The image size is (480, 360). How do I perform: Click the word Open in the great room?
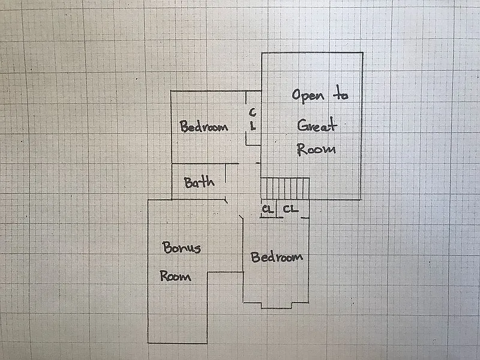pyautogui.click(x=308, y=95)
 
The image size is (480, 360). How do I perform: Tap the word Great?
pyautogui.click(x=317, y=125)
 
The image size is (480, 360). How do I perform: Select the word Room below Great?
pyautogui.click(x=316, y=149)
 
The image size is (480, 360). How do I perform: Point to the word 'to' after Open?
pyautogui.click(x=341, y=94)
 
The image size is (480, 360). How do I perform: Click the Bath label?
pyautogui.click(x=199, y=182)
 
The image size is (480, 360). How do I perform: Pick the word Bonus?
pyautogui.click(x=182, y=248)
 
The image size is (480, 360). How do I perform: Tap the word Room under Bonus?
pyautogui.click(x=175, y=276)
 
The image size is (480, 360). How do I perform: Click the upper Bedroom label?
pyautogui.click(x=204, y=127)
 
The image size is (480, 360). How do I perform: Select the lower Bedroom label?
pyautogui.click(x=277, y=257)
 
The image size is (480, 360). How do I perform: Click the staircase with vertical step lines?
pyautogui.click(x=285, y=189)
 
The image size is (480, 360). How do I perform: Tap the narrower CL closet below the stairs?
pyautogui.click(x=268, y=209)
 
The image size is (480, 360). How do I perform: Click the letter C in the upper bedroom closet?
pyautogui.click(x=253, y=112)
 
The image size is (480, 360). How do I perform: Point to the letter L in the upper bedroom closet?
pyautogui.click(x=253, y=126)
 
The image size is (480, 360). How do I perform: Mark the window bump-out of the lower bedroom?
pyautogui.click(x=277, y=305)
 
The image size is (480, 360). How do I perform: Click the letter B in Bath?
pyautogui.click(x=188, y=183)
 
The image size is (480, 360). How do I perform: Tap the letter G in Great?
pyautogui.click(x=303, y=125)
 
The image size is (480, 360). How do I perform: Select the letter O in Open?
pyautogui.click(x=296, y=95)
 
